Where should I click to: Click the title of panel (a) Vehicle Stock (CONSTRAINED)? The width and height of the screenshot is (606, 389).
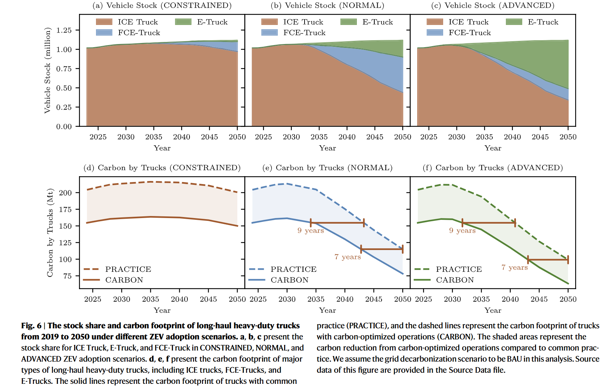(x=162, y=6)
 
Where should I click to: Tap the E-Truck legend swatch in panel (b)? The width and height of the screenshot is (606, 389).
(x=349, y=22)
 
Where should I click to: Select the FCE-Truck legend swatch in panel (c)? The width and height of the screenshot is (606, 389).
(x=435, y=33)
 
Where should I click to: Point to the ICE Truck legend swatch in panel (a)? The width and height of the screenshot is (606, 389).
(x=104, y=22)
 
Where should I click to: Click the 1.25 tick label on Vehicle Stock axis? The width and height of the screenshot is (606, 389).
(x=64, y=30)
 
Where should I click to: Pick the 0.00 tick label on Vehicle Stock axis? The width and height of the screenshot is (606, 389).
(x=64, y=127)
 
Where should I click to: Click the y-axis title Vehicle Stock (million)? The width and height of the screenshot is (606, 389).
(x=47, y=70)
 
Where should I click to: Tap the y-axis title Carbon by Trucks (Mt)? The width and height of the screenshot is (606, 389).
(x=50, y=233)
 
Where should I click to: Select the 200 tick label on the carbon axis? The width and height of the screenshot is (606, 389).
(x=65, y=193)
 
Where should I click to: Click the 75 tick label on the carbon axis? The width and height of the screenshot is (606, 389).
(x=67, y=276)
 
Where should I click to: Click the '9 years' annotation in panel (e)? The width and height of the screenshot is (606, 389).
(x=310, y=231)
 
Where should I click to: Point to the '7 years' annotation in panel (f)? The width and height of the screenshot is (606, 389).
(x=515, y=267)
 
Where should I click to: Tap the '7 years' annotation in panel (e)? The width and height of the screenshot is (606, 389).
(x=348, y=257)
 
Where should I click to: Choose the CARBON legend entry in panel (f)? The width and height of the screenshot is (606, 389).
(x=455, y=280)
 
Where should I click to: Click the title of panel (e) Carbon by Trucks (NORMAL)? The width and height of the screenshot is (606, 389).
(x=327, y=168)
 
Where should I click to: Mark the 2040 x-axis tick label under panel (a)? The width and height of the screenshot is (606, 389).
(x=182, y=137)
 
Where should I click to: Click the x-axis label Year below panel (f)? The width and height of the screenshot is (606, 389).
(x=493, y=310)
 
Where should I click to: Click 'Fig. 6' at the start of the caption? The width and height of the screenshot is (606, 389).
(x=31, y=326)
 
